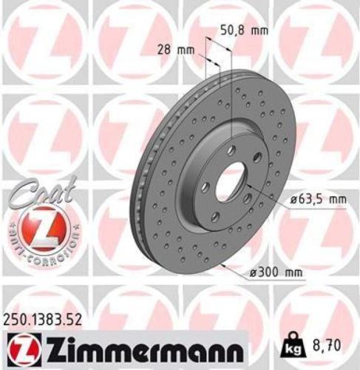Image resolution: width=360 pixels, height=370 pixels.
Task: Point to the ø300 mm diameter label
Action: (x=276, y=272)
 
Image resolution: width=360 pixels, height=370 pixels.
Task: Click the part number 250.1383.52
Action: (x=41, y=320)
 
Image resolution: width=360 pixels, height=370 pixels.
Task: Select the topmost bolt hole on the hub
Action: (x=232, y=150)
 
